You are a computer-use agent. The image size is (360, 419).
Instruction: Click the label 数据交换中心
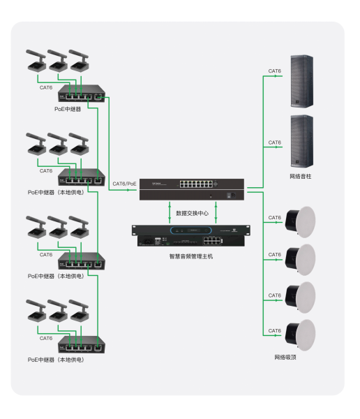pos(192,213)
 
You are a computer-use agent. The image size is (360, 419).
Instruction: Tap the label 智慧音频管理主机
pos(191,256)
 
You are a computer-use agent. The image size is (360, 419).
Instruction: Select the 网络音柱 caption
pos(301,177)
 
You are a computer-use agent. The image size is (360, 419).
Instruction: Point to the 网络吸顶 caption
pos(285,358)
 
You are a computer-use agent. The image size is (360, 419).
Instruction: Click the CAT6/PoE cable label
pos(124,184)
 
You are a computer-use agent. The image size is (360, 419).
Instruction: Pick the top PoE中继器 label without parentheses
pos(68,109)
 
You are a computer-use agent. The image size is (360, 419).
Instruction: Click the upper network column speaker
pos(302,82)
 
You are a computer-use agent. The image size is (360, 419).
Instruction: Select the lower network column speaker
pos(302,141)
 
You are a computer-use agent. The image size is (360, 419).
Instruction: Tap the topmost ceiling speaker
pos(300,222)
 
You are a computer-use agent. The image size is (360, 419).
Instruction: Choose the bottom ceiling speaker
pos(300,335)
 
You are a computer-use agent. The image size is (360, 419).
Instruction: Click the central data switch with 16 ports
pos(192,189)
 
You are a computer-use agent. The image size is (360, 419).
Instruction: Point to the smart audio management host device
pos(191,236)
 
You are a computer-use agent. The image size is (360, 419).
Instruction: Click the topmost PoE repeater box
pos(82,94)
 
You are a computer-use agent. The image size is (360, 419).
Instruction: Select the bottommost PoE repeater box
pos(82,345)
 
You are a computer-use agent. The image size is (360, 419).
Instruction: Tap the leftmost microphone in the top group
pos(36,60)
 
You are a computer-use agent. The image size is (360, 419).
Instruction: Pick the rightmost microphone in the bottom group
pos(79,311)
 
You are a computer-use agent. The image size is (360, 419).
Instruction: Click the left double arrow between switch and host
pos(170,212)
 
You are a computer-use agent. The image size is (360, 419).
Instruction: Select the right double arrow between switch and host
pos(216,212)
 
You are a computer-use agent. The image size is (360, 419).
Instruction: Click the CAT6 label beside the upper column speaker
pos(275,71)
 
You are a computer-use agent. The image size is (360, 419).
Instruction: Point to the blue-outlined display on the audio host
pos(191,230)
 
